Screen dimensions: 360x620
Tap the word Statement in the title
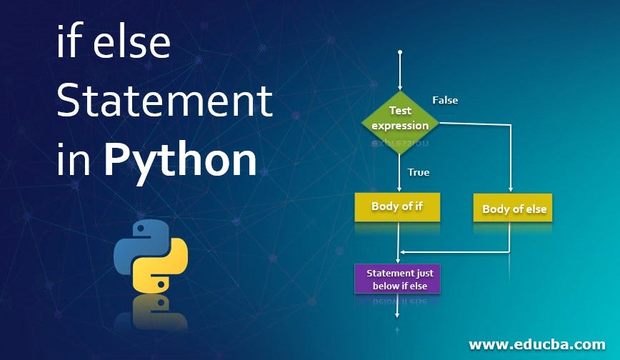coord(164,101)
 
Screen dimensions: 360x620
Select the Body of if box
coord(397,207)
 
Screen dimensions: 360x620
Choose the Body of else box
coord(514,209)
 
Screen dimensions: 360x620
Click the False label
coord(445,100)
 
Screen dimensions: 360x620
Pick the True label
coord(418,171)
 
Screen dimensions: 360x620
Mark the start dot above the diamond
coord(400,52)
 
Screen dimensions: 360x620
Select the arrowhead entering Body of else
coord(510,190)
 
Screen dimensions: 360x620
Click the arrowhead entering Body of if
coord(400,189)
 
